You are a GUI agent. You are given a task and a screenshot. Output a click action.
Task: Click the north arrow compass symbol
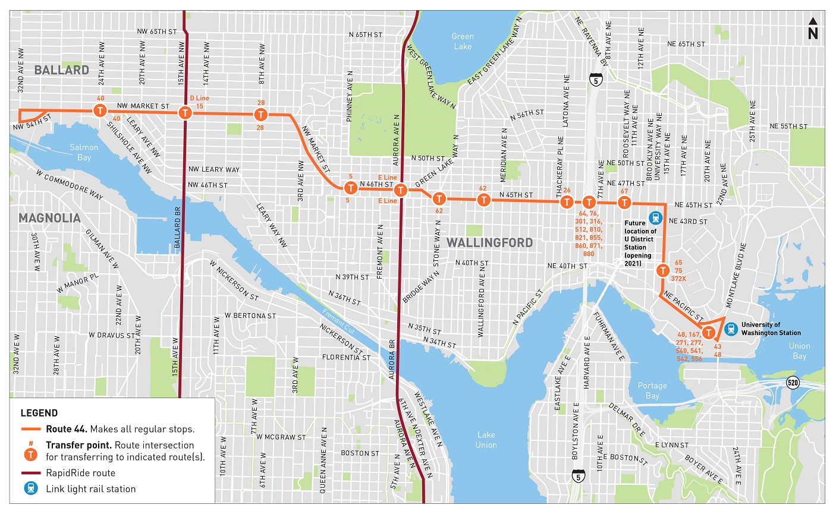(812, 29)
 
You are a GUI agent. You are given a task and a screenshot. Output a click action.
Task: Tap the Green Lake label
(462, 41)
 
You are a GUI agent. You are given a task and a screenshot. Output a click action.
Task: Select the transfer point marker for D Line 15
(186, 112)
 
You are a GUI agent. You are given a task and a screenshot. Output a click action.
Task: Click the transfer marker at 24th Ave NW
(100, 111)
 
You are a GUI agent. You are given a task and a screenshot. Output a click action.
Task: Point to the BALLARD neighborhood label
(61, 70)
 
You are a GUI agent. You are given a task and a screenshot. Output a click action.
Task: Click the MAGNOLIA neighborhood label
(49, 218)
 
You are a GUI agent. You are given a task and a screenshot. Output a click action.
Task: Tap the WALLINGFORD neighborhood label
(489, 242)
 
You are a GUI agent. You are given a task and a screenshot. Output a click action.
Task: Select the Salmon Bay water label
(84, 152)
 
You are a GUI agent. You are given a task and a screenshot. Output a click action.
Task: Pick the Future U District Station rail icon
(656, 218)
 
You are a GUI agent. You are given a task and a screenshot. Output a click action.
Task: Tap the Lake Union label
(486, 440)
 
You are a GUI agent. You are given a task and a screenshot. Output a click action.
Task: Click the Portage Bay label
(652, 390)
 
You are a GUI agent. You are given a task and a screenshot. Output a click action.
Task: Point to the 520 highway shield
(792, 383)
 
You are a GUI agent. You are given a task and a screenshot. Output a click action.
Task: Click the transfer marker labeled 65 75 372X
(662, 271)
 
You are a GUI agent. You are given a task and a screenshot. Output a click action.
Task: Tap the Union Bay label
(799, 351)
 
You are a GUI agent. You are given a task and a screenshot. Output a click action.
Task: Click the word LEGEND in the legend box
(39, 413)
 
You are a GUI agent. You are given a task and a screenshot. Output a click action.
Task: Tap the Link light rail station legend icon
(30, 489)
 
